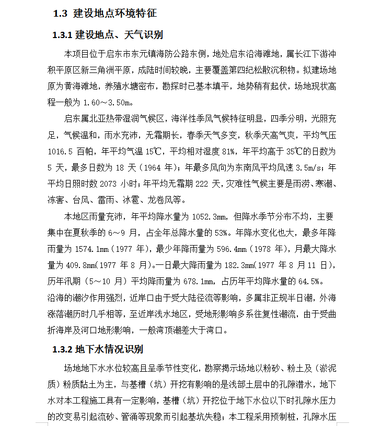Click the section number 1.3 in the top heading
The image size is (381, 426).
click(60, 14)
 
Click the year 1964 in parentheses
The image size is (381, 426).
click(153, 167)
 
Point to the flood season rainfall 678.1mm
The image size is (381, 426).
click(197, 282)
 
